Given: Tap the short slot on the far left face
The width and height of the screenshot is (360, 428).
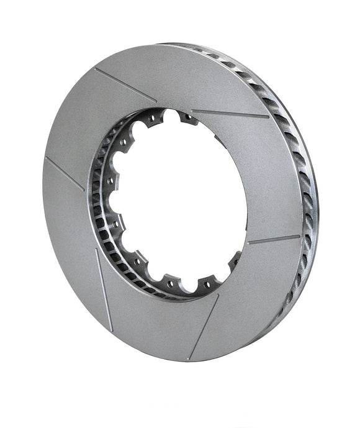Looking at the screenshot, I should pyautogui.click(x=65, y=173).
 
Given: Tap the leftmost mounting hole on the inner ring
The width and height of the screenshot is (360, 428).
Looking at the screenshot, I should pyautogui.click(x=108, y=181).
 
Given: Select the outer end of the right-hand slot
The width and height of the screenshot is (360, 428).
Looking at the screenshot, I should pyautogui.click(x=299, y=236).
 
